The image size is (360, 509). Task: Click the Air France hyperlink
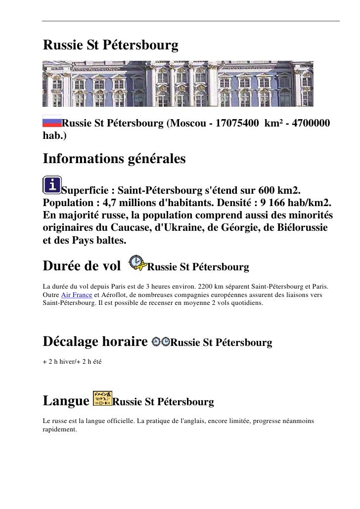tap(76, 295)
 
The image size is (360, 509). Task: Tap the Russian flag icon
tap(51, 122)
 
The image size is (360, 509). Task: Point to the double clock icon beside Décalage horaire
tap(161, 341)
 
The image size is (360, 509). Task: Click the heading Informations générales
tap(114, 160)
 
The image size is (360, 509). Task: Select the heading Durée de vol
tap(82, 267)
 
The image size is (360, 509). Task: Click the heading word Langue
tap(65, 401)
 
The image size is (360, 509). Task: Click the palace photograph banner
tap(178, 83)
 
